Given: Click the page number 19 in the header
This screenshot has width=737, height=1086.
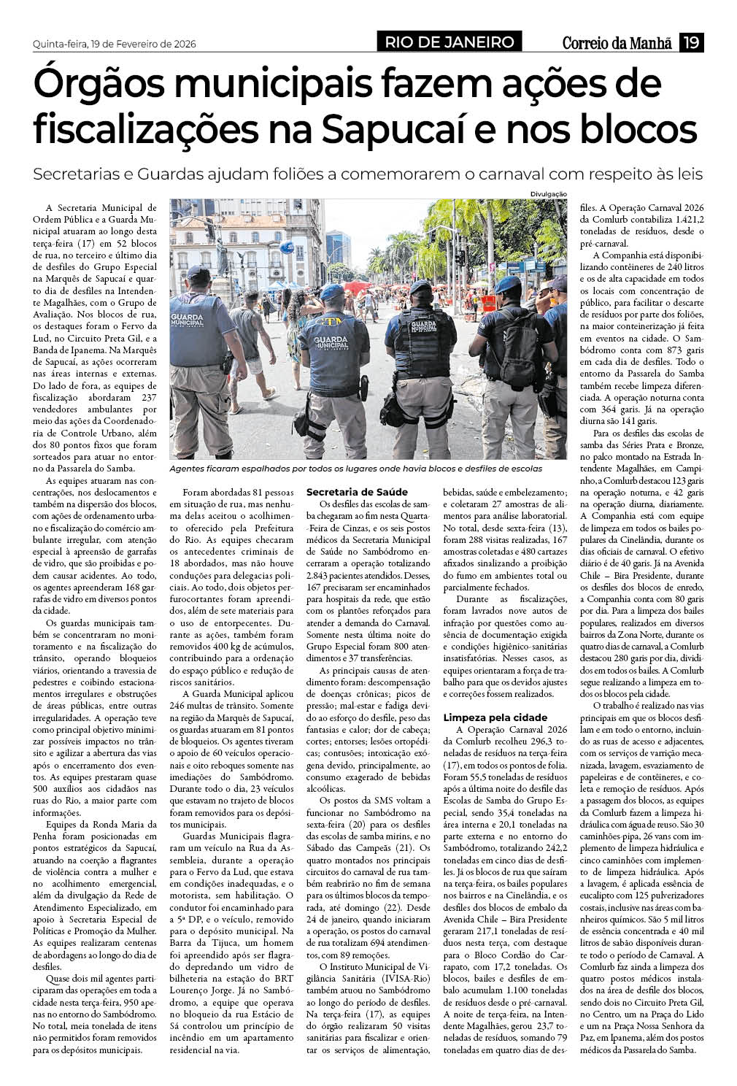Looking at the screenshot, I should (x=691, y=42).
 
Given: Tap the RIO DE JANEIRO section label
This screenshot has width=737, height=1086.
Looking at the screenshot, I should (x=449, y=42).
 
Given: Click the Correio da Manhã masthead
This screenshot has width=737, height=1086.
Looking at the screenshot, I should (x=617, y=43).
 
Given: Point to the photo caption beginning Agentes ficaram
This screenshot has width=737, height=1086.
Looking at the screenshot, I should (x=355, y=469).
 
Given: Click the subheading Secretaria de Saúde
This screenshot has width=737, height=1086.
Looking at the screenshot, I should (x=357, y=492).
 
